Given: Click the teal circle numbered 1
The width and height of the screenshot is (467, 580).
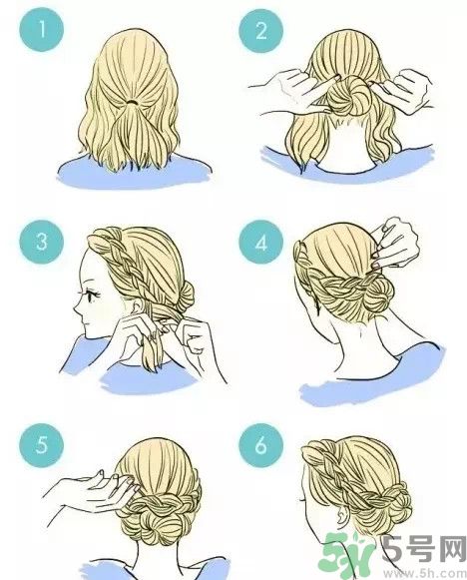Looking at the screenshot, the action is [42, 30].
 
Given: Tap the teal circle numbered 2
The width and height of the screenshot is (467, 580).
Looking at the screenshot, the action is [261, 30].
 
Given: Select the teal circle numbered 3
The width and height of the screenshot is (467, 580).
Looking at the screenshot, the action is [42, 242].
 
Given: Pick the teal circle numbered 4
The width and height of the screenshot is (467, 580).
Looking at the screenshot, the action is [261, 243].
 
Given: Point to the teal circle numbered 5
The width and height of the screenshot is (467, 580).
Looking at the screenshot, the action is [42, 446].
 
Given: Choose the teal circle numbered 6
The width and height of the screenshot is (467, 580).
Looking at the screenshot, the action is [261, 446].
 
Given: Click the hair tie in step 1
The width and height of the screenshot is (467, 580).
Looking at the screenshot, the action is [130, 102].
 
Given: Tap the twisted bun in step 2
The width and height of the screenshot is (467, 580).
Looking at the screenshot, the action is [348, 96].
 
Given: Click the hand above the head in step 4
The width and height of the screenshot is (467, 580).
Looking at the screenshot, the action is [394, 243].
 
